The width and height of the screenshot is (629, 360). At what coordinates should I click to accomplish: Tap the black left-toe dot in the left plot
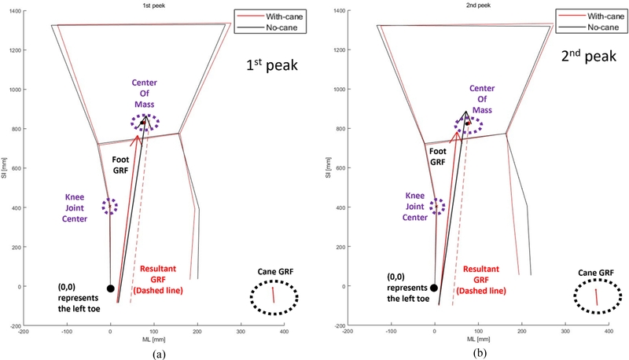(111, 288)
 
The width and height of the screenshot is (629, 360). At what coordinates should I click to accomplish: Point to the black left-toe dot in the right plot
(434, 288)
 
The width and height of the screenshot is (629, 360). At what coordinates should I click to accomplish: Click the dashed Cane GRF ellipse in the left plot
(274, 297)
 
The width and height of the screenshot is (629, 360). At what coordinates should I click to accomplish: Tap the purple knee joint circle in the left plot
(110, 206)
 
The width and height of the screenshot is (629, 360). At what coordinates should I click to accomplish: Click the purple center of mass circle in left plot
(145, 123)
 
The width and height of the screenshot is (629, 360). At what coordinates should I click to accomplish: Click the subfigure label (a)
(161, 354)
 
